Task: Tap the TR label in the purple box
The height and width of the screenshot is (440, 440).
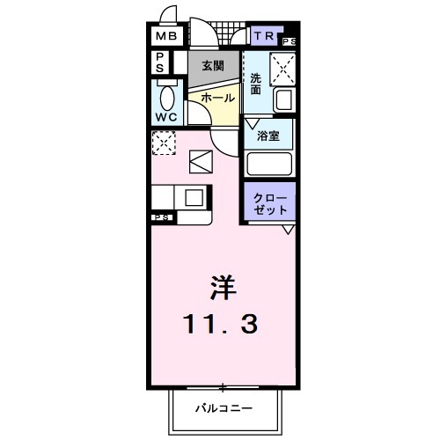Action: pos(265,36)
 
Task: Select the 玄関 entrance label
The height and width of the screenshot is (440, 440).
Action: pos(212,65)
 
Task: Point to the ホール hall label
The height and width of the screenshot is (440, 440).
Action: pos(216,99)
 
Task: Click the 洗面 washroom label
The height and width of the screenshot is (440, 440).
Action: pos(255,84)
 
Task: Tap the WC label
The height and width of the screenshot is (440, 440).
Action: pos(167,116)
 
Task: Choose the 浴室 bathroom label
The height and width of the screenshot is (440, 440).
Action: pos(268,136)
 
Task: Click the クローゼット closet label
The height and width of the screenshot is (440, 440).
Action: pos(269,204)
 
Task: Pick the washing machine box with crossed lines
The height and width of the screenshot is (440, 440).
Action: pos(281,67)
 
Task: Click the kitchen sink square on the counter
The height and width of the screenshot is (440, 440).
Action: pos(194,197)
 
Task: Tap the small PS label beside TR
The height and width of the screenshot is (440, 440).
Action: pos(290,41)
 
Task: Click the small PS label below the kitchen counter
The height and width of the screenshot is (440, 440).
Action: pos(162,217)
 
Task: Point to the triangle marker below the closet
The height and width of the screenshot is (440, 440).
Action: pos(288,230)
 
